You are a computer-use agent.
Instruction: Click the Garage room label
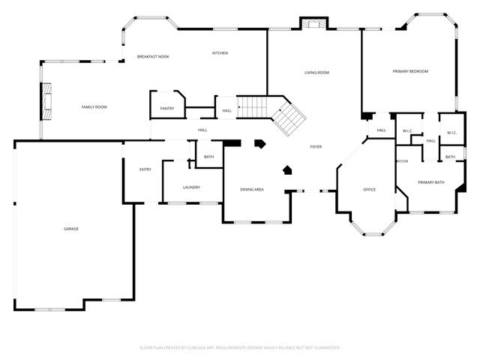[x=71, y=229]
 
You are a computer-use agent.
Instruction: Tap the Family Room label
[x=94, y=107]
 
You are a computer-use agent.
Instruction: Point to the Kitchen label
[x=220, y=53]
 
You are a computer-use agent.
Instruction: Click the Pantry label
[x=167, y=109]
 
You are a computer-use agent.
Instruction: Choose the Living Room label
[x=317, y=73]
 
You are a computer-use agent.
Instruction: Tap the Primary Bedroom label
[x=410, y=71]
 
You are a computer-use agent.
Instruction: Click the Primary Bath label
[x=431, y=182]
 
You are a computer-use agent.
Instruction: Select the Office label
[x=369, y=189]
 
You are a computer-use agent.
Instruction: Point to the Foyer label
[x=316, y=146]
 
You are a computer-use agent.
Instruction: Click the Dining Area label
[x=252, y=189]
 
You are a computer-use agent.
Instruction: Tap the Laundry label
[x=191, y=187]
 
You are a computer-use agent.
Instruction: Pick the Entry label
[x=145, y=169]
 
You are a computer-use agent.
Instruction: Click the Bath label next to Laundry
[x=208, y=156]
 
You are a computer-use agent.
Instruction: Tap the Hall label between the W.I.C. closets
[x=430, y=140]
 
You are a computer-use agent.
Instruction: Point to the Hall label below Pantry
[x=202, y=130]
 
